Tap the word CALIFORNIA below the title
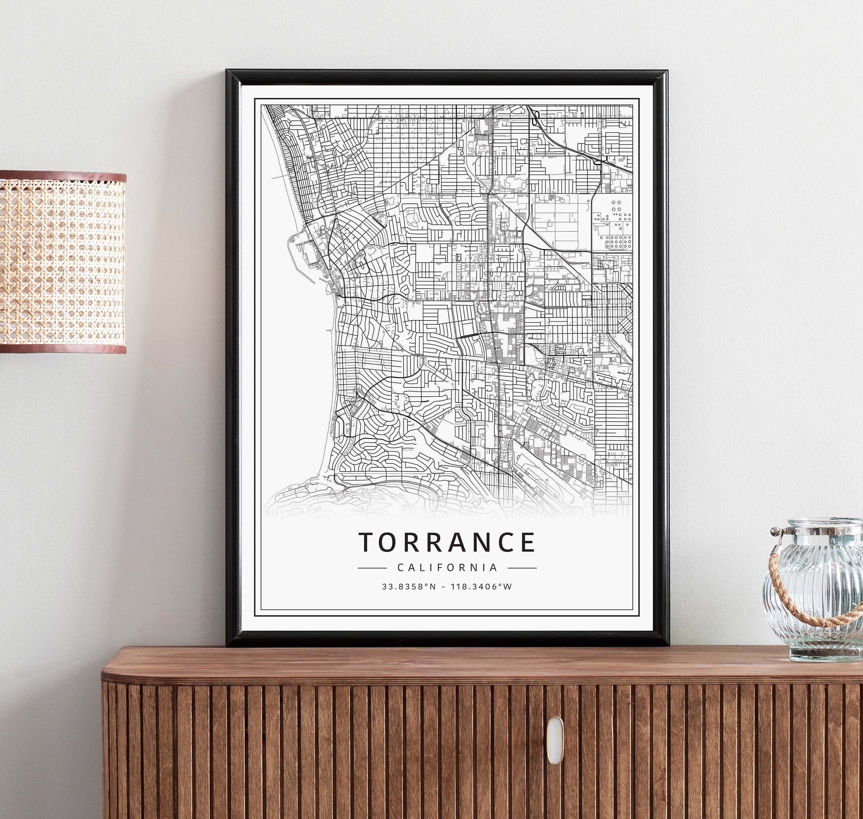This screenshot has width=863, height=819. [x=447, y=568]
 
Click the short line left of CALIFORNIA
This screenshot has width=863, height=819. [x=372, y=568]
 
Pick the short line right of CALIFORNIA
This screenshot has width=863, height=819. [x=522, y=568]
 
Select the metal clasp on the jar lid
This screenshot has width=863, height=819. [x=776, y=532]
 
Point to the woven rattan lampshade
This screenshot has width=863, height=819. [x=62, y=262]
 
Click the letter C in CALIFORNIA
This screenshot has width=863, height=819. [x=400, y=568]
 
